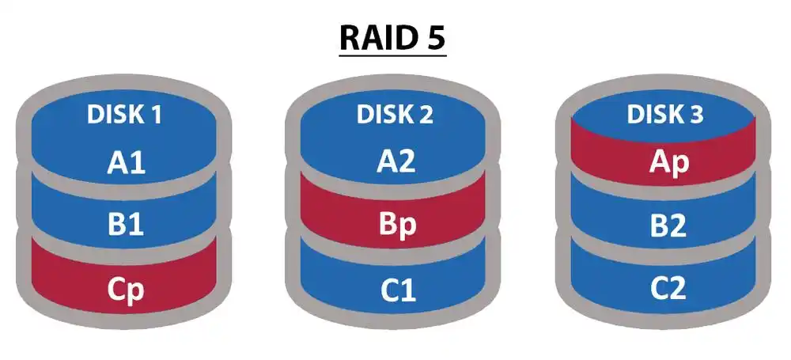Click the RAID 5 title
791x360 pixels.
393,36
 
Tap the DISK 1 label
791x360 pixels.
124,115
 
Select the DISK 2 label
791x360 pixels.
395,115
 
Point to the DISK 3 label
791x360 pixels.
664,115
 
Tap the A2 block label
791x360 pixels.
395,163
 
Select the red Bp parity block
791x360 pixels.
395,225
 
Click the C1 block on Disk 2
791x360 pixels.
395,290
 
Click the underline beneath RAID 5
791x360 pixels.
393,55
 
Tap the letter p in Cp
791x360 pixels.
136,293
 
